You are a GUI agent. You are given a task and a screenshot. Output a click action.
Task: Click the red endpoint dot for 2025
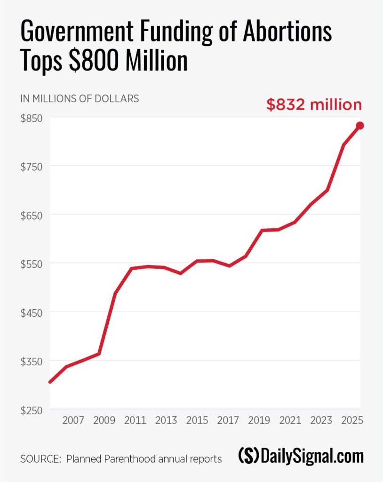[360, 126]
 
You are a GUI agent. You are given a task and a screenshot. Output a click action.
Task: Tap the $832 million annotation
[314, 104]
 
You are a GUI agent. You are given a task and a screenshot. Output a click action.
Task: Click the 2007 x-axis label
[73, 420]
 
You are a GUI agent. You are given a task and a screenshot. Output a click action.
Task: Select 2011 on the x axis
[134, 420]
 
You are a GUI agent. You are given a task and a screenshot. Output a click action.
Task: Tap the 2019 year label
[260, 420]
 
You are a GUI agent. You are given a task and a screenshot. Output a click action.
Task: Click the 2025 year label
[352, 420]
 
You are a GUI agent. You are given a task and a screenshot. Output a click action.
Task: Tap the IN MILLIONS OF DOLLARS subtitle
[80, 99]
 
